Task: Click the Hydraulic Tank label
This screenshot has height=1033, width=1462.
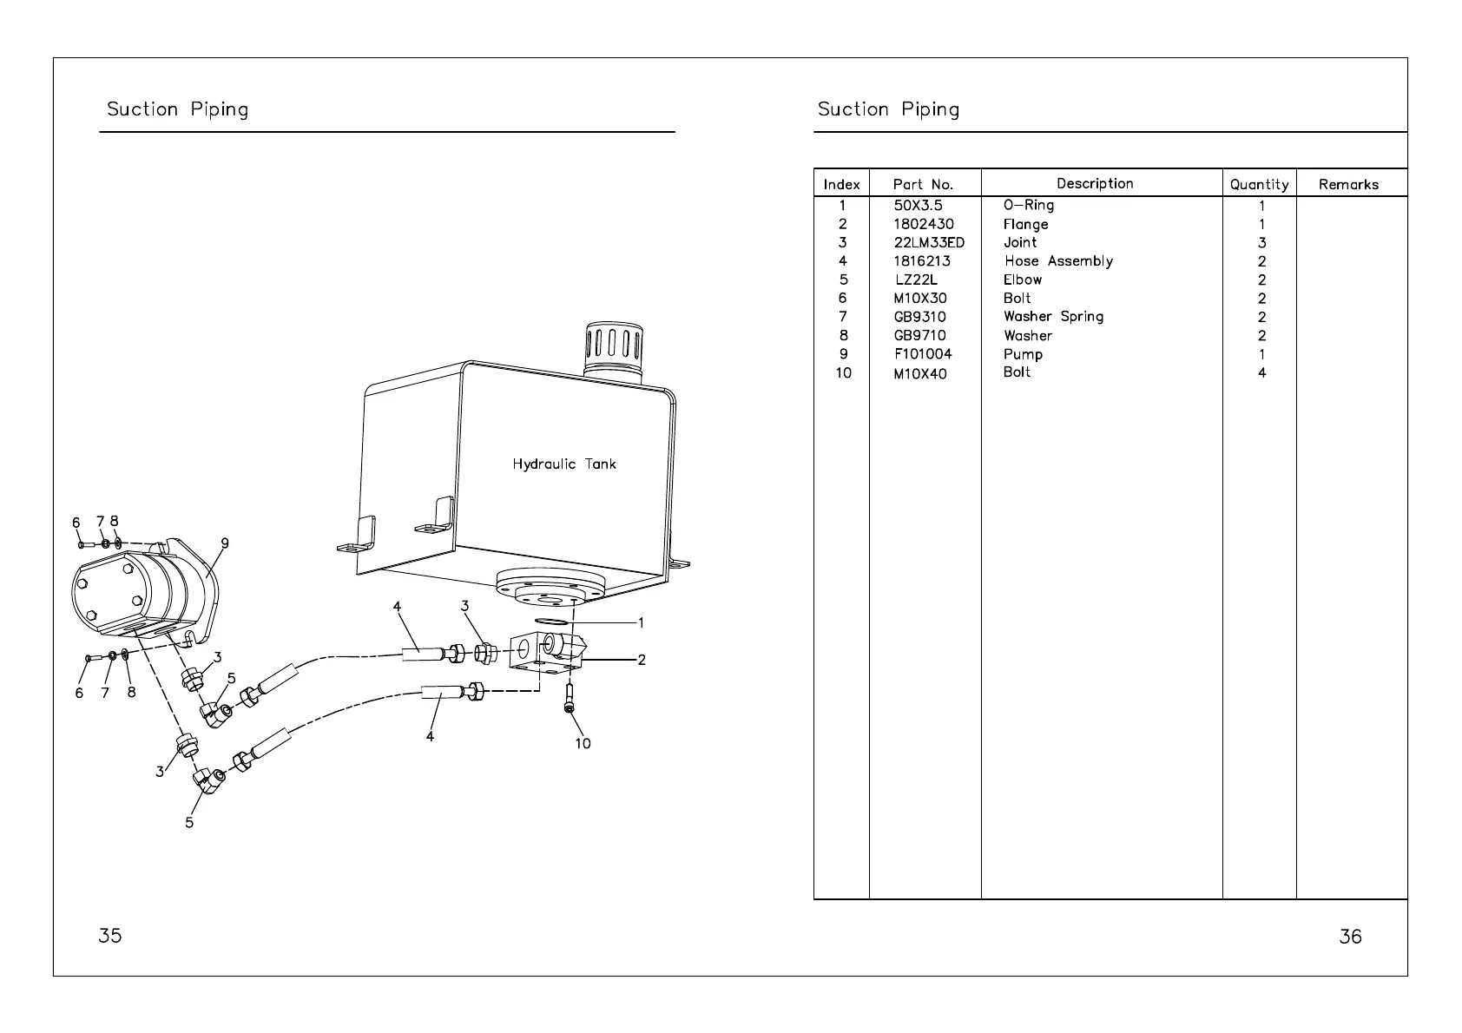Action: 563,464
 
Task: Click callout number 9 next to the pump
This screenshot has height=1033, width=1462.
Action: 225,544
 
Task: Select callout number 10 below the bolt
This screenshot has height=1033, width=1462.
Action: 583,743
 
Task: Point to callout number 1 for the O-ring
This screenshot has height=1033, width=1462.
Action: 641,622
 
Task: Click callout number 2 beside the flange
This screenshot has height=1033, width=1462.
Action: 641,661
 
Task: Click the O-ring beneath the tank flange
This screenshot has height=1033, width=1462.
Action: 552,622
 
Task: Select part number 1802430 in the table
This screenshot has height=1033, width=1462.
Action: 923,224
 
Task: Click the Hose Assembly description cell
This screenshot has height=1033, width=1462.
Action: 1058,261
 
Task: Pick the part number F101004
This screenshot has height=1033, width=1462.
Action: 922,354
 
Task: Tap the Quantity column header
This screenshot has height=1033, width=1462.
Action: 1259,184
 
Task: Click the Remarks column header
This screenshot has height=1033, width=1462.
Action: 1348,184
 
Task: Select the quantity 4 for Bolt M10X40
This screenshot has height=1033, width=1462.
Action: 1261,373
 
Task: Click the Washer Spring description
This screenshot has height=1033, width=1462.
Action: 1053,317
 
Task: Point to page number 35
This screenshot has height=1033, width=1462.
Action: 110,936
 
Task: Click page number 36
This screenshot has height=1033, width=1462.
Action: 1350,937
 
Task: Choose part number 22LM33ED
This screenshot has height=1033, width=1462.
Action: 928,243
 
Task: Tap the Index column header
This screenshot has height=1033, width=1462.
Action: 841,184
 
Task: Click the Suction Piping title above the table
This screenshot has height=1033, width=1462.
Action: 888,109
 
